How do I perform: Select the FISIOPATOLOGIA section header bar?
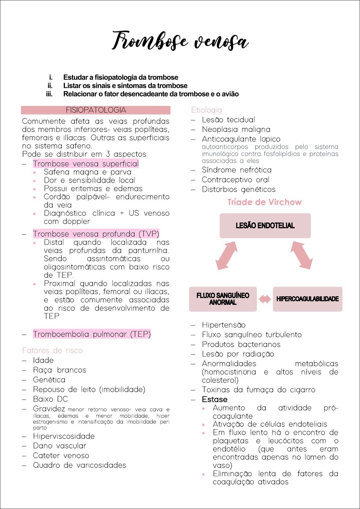pos(96,110)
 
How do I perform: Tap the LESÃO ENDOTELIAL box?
pos(265,226)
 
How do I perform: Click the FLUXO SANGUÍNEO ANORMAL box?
pos(223,299)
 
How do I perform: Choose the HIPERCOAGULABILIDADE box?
pos(307,299)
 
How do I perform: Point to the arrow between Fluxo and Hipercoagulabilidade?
pos(265,299)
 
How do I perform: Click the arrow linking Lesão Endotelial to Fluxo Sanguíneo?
pos(226,256)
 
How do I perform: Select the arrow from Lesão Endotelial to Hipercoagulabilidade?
pos(301,256)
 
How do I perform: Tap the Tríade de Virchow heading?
pos(264,202)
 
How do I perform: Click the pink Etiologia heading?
pos(207,110)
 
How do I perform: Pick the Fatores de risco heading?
pos(52,351)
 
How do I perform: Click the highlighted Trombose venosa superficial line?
pos(86,164)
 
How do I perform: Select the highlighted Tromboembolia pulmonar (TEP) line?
pos(92,334)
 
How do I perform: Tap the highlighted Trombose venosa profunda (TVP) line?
pos(96,234)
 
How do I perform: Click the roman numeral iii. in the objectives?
pos(49,94)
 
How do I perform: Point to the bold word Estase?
pos(214,400)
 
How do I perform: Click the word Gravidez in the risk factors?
pos(49,409)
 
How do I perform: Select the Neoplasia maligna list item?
pos(236,130)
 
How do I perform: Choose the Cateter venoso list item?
pos(61,456)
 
